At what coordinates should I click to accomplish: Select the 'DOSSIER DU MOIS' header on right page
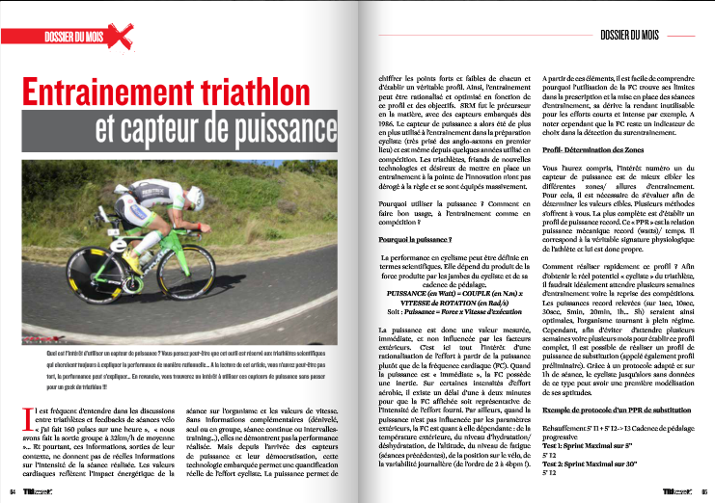pos(628,33)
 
